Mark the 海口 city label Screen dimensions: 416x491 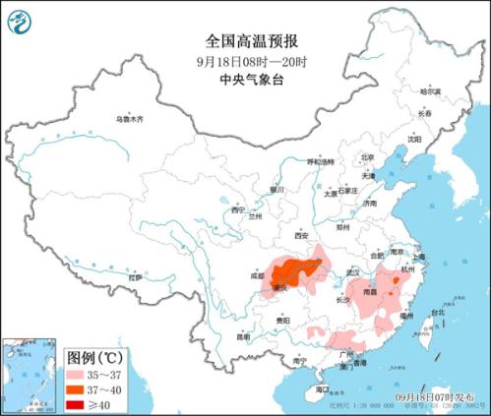click(x=322, y=390)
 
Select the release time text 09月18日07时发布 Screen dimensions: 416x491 click(x=444, y=395)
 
